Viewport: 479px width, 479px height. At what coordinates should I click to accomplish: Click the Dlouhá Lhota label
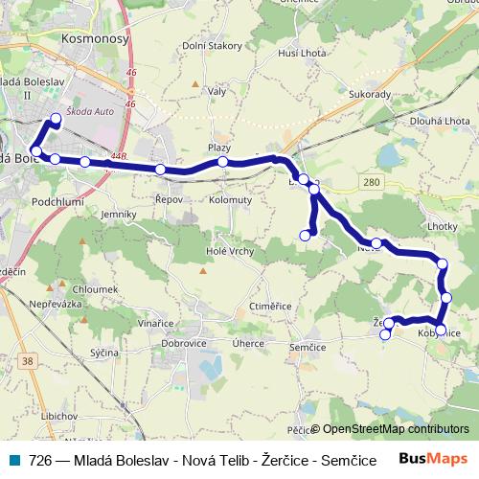[436, 122]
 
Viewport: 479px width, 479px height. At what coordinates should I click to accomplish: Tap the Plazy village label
[220, 148]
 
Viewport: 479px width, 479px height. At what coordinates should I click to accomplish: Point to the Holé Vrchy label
[228, 251]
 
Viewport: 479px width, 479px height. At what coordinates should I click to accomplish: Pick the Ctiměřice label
[269, 306]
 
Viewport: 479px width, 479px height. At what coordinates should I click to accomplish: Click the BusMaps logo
[432, 458]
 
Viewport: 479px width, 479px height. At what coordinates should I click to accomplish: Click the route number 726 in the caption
[39, 459]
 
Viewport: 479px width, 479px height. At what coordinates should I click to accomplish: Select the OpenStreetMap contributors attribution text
[395, 429]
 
